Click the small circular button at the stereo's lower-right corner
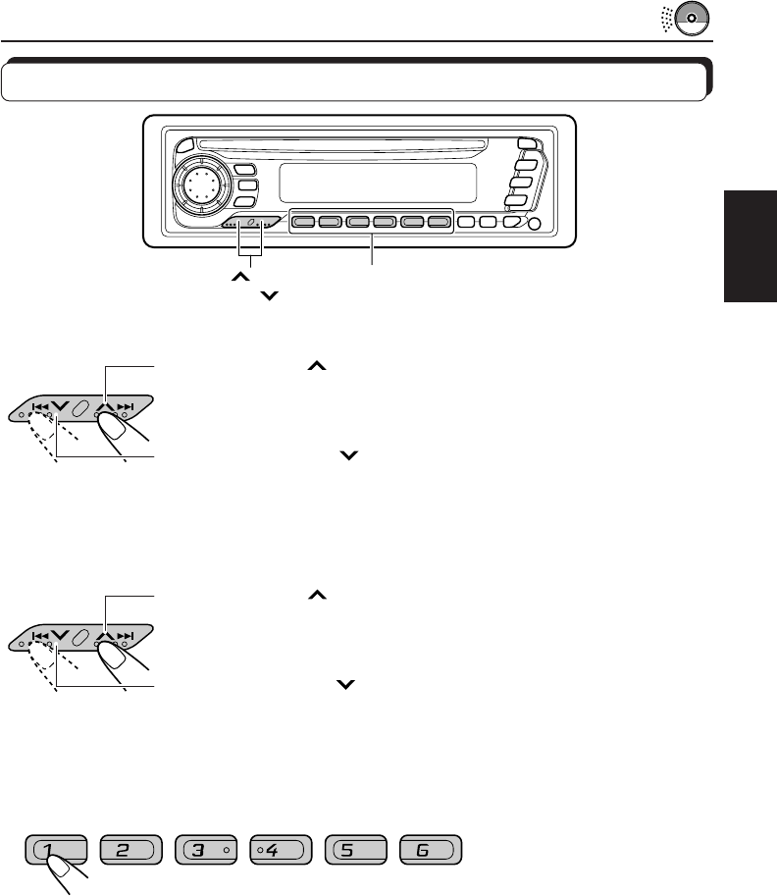[x=534, y=224]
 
